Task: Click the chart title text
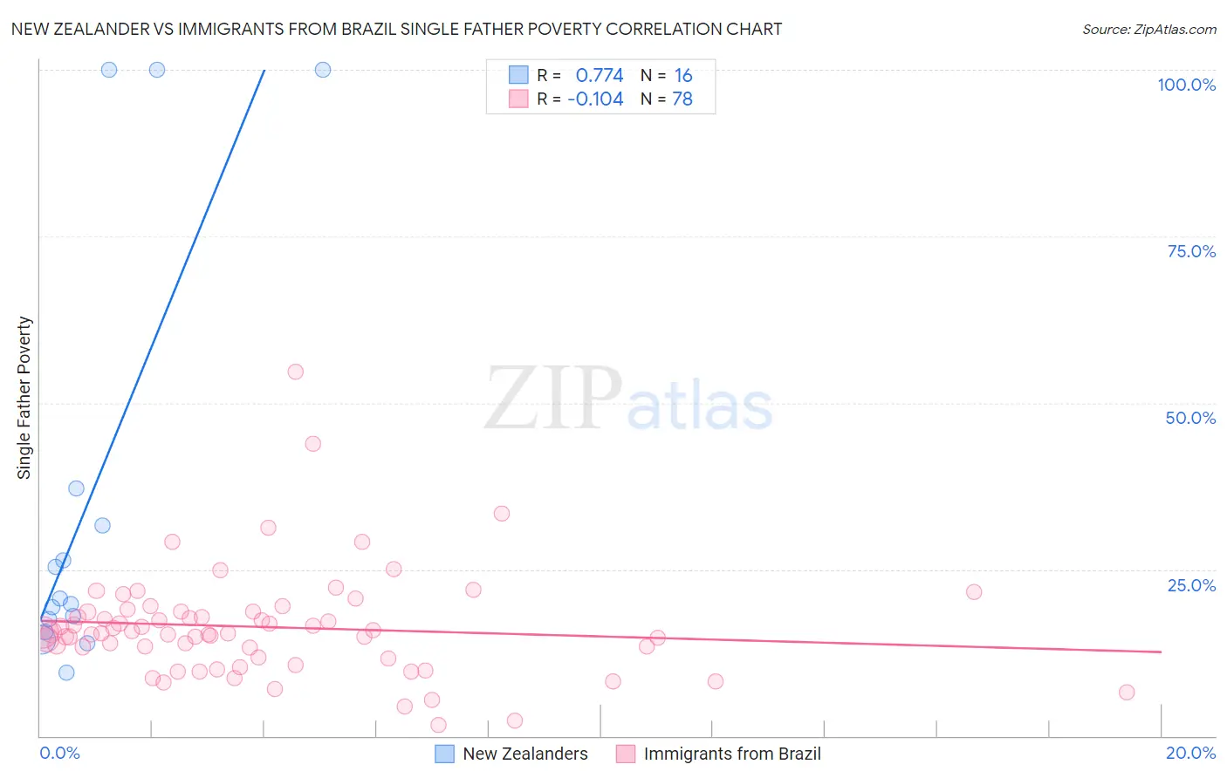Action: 396,29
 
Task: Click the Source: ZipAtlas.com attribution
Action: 1148,29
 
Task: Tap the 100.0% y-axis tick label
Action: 1186,85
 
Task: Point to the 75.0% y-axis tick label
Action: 1191,251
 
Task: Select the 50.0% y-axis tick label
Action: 1190,418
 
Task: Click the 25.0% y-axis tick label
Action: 1191,585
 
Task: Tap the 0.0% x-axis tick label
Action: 59,753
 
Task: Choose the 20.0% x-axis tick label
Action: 1190,753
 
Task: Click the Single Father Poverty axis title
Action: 24,398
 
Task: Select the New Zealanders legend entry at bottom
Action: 512,754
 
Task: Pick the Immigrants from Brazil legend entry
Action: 719,754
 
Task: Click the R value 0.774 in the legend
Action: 600,76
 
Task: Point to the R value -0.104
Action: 595,99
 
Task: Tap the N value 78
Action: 682,99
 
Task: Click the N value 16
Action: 683,76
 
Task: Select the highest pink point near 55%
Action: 296,372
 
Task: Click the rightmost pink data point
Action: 1127,693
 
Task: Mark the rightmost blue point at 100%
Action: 323,70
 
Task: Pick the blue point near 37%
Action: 77,488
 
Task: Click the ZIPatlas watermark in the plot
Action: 628,399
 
